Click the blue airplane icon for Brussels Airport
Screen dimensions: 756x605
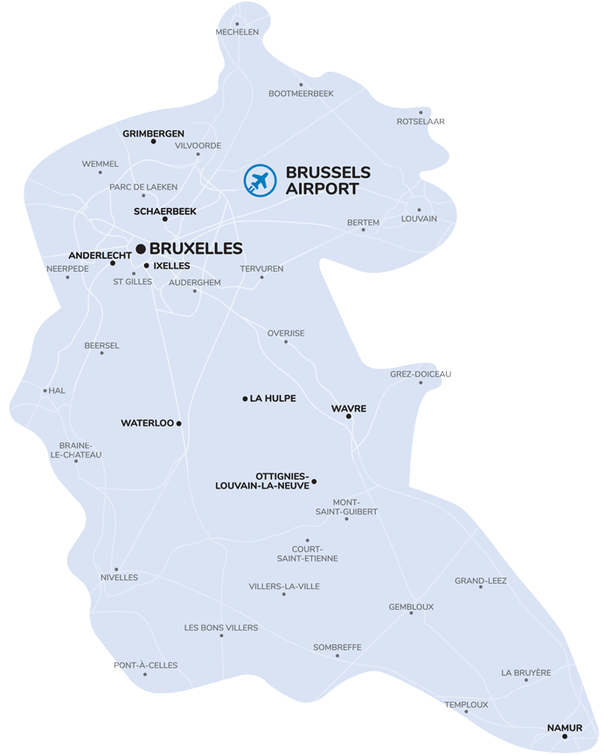coord(259,181)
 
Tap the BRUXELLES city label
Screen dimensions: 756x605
coord(196,249)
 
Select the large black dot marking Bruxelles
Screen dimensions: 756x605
coord(141,249)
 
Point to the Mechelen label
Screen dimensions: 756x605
coord(237,32)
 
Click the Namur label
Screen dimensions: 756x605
coord(564,727)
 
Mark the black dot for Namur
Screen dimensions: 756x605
coord(565,737)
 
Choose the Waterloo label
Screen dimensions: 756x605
coord(148,423)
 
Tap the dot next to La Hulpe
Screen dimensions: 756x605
coord(245,399)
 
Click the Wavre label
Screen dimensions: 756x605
coord(348,408)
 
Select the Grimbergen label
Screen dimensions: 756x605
coord(153,134)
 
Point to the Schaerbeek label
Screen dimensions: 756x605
coord(164,211)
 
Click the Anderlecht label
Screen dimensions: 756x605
coord(98,255)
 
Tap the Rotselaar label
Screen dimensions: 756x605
coord(421,121)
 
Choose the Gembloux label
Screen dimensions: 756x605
coord(411,607)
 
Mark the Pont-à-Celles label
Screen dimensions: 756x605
coord(145,665)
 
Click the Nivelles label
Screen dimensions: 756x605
coord(119,578)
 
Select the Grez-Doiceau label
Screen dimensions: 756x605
coord(421,374)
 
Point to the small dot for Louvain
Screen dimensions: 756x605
coord(419,210)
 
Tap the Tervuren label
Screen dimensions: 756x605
coord(261,268)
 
